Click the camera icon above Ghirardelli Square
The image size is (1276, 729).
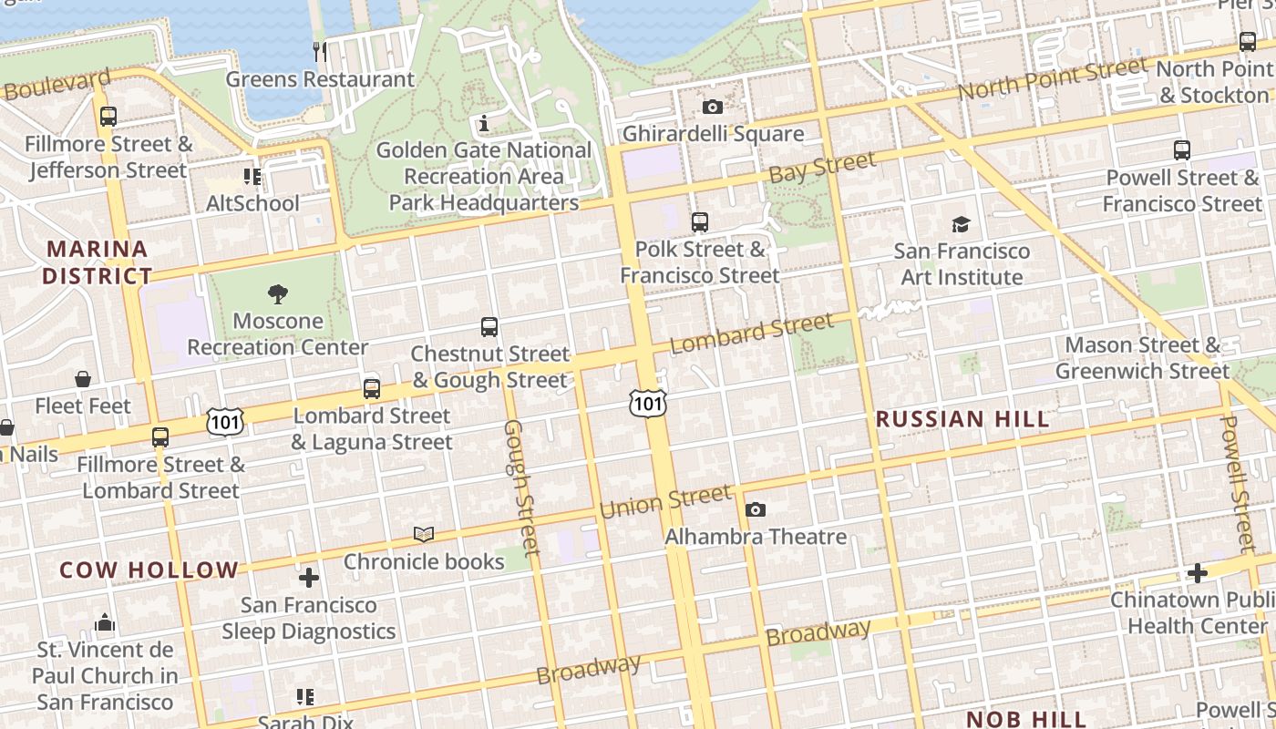pyautogui.click(x=713, y=108)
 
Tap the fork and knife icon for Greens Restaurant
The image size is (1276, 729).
pyautogui.click(x=320, y=51)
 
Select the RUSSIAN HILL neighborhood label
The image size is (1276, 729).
pyautogui.click(x=962, y=419)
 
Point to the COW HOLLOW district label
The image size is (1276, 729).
pyautogui.click(x=149, y=570)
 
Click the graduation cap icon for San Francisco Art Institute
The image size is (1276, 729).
pyautogui.click(x=962, y=224)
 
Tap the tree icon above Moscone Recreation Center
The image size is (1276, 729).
pyautogui.click(x=278, y=293)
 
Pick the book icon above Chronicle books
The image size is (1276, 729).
pyautogui.click(x=424, y=534)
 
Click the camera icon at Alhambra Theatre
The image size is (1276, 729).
pyautogui.click(x=756, y=510)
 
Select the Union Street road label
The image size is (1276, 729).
pyautogui.click(x=665, y=501)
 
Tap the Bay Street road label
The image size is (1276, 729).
pyautogui.click(x=822, y=167)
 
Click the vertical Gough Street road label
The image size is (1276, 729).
pyautogui.click(x=522, y=488)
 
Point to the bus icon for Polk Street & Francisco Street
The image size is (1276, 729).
pyautogui.click(x=700, y=221)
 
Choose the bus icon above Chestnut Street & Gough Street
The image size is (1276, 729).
pyautogui.click(x=489, y=327)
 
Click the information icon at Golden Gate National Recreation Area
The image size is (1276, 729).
pyautogui.click(x=484, y=123)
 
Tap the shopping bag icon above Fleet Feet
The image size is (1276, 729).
pyautogui.click(x=83, y=379)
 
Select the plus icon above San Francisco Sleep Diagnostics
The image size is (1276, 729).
pyautogui.click(x=309, y=578)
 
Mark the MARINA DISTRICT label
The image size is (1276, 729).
pyautogui.click(x=98, y=262)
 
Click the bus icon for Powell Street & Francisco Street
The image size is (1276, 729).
pyautogui.click(x=1182, y=150)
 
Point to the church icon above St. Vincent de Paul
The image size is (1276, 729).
pyautogui.click(x=105, y=623)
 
